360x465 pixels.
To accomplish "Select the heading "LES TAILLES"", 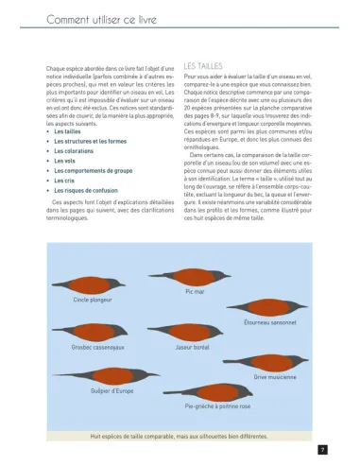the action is click(x=205, y=66).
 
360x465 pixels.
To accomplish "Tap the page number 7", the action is click(x=323, y=449).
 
